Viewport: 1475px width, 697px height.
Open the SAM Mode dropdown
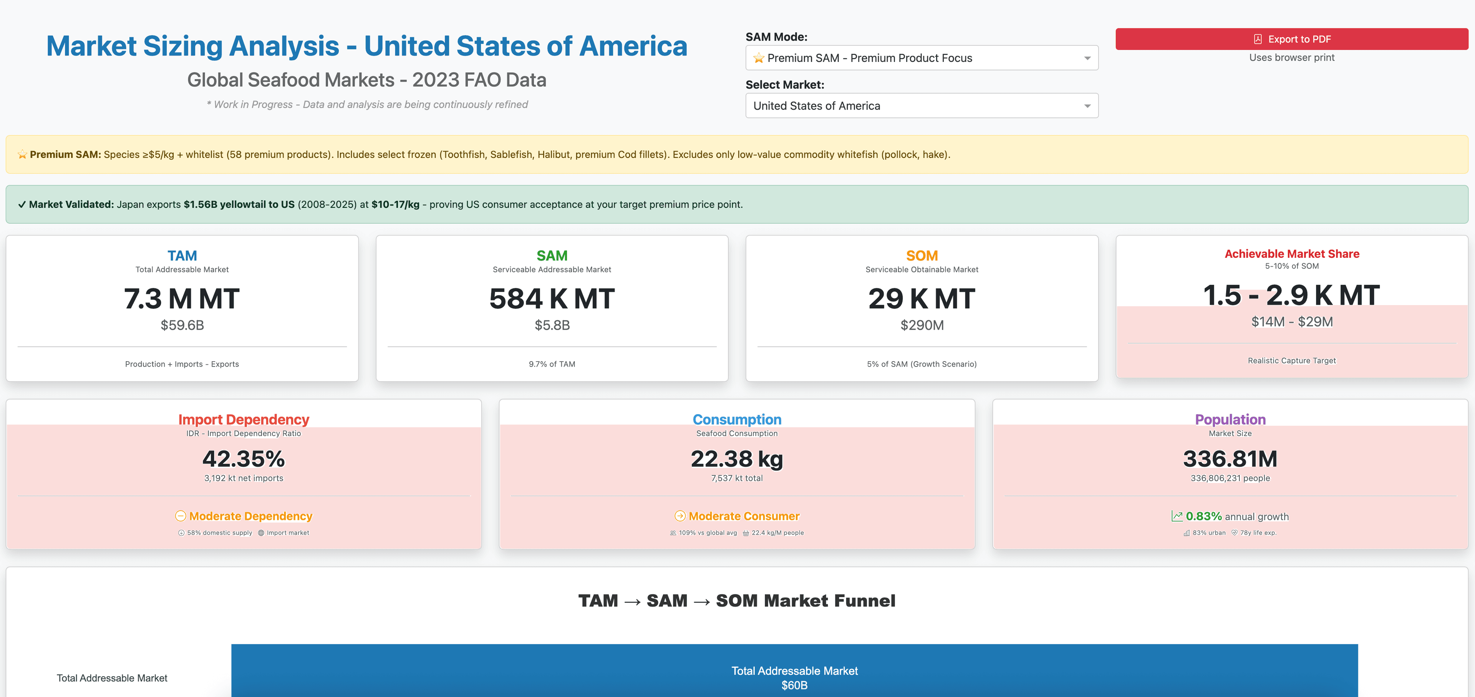coord(921,58)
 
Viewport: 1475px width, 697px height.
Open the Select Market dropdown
coord(921,106)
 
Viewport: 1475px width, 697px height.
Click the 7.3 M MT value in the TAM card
coord(182,299)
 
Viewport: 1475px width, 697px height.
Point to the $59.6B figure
coord(182,325)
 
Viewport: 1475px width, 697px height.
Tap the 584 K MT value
coord(552,299)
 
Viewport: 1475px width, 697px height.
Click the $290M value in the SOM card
coord(922,325)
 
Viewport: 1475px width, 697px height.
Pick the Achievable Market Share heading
coord(1292,254)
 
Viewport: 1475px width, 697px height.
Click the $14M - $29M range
coord(1292,322)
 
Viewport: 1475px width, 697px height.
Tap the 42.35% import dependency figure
coord(244,459)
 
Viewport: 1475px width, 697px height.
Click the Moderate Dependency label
coord(250,516)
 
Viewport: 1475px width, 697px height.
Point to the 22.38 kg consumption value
coord(737,459)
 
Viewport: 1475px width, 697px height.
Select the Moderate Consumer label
coord(744,516)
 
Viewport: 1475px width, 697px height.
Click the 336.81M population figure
coord(1230,459)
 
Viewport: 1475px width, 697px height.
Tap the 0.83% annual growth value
coord(1203,516)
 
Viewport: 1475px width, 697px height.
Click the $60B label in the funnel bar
coord(794,685)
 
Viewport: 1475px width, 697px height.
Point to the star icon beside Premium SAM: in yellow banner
coord(22,154)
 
